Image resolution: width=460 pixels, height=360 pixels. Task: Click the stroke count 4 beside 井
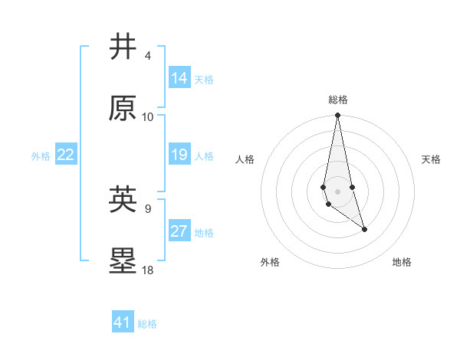point(148,55)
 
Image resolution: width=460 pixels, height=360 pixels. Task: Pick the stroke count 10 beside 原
point(148,117)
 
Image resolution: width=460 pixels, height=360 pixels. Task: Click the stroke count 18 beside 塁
point(148,270)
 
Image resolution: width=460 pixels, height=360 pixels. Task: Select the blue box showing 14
point(179,78)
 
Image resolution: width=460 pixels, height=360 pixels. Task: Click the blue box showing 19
point(179,155)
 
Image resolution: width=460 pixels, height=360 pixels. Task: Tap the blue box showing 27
point(179,231)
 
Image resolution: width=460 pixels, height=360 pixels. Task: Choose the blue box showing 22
point(66,155)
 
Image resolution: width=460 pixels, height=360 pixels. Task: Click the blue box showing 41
point(123,322)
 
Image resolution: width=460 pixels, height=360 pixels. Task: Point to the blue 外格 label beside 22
point(41,156)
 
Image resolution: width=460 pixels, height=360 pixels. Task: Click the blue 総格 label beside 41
point(147,324)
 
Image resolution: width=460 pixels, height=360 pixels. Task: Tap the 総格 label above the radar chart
point(338,100)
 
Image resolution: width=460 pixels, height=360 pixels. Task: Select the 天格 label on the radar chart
point(432,159)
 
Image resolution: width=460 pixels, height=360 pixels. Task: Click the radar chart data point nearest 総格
point(338,116)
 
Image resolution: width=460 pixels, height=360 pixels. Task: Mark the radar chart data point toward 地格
point(364,229)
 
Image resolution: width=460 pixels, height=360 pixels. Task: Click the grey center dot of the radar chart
point(338,191)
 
